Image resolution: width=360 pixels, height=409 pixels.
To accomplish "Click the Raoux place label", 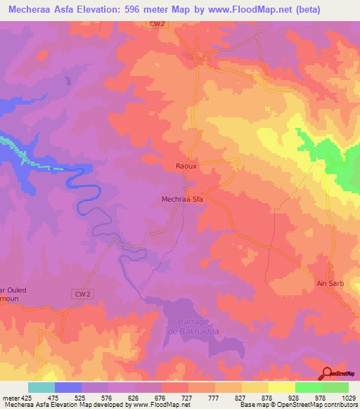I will click(186, 167).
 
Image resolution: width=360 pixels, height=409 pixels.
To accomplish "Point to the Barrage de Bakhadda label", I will click(186, 324).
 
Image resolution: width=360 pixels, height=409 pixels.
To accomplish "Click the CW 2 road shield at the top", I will click(157, 24).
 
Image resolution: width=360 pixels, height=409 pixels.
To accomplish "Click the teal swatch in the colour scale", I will click(41, 387).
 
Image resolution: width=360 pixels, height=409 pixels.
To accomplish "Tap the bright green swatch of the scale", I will click(308, 387).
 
